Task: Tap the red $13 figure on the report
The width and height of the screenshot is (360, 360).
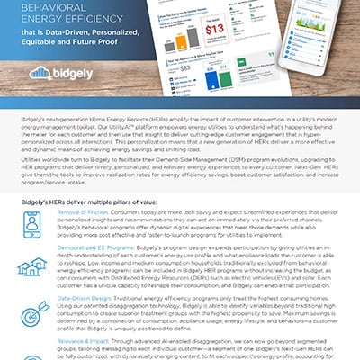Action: [x=238, y=33]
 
